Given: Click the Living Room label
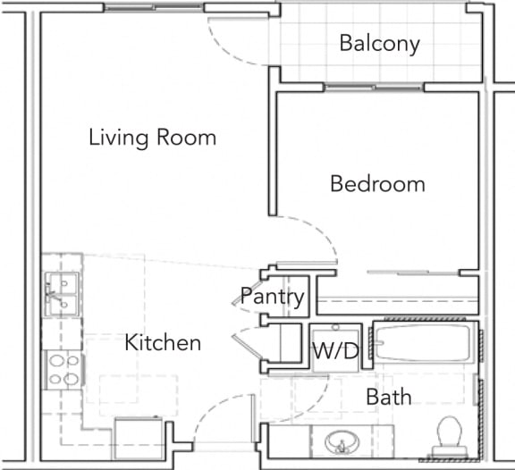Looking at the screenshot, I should click(152, 138).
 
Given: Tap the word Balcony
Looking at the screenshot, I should click(379, 44).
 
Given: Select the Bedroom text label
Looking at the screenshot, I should click(377, 184).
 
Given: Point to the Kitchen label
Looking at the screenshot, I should click(162, 342).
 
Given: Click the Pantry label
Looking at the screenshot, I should click(273, 297).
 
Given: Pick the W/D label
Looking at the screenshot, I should click(335, 351).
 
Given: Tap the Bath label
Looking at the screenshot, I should click(389, 397).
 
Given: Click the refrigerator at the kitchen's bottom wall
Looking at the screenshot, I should click(140, 437).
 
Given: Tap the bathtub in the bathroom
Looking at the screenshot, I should click(425, 348).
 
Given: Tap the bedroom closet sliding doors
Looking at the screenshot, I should click(393, 271).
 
